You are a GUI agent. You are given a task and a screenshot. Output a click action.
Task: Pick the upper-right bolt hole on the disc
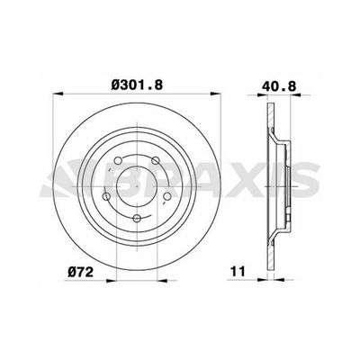(156, 162)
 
